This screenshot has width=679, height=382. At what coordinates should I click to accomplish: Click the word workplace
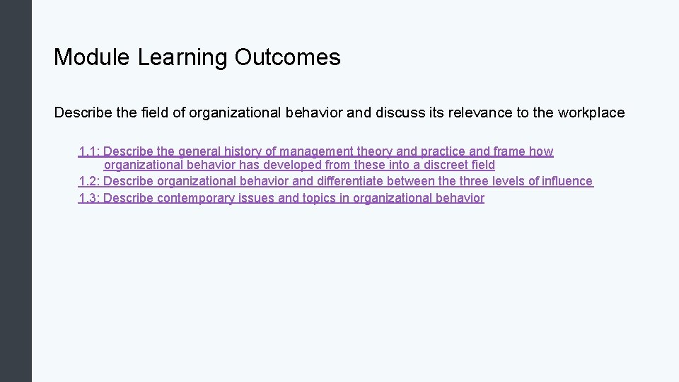pos(591,112)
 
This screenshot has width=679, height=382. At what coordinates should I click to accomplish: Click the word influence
pos(567,181)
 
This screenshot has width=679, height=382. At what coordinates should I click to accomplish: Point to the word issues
pos(257,198)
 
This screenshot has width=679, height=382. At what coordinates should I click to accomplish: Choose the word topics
pos(320,198)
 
